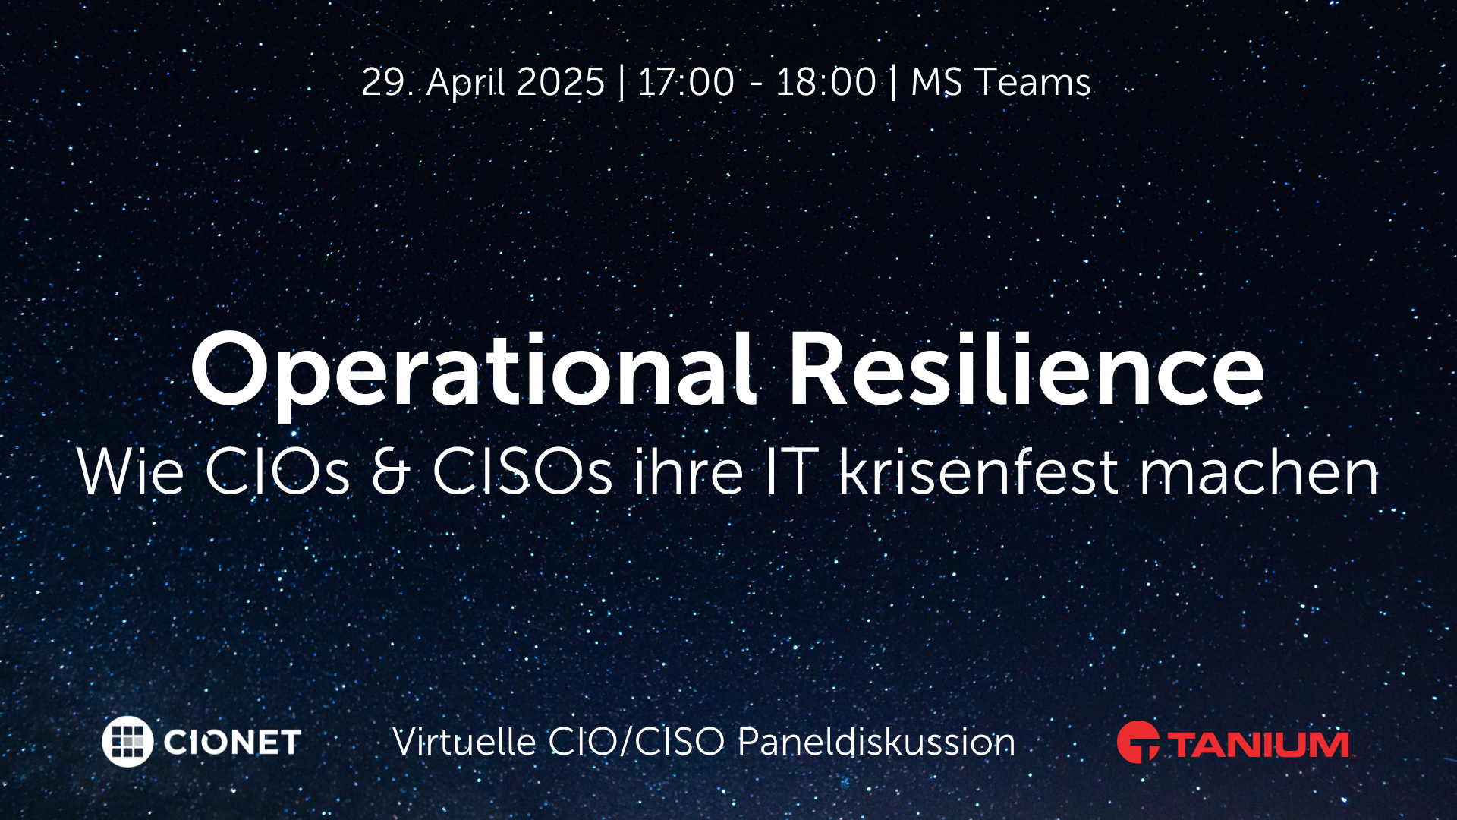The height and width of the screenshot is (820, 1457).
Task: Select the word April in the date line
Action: [466, 82]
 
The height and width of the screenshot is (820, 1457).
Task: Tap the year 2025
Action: [561, 82]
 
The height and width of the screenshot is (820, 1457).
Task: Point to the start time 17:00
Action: [686, 82]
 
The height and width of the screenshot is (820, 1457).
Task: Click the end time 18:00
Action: [826, 82]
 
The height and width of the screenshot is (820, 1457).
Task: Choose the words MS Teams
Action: [1000, 82]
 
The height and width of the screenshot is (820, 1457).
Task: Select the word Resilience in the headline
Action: [1026, 371]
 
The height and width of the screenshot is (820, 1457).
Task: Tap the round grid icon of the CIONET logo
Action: [127, 741]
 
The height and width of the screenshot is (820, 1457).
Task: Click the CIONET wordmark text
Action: [232, 742]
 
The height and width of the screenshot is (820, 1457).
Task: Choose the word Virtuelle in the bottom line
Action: [464, 742]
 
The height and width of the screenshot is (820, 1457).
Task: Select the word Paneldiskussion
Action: [876, 742]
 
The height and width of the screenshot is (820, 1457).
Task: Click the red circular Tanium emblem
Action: [1138, 742]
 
